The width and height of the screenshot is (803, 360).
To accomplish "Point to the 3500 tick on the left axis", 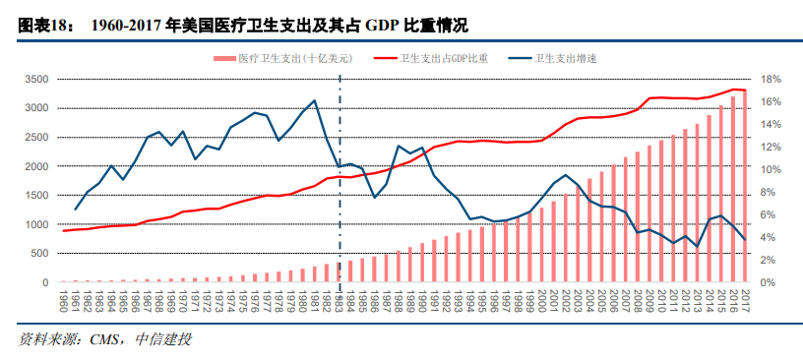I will coord(36,79).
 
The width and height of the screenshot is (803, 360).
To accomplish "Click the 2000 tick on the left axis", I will coord(36,166).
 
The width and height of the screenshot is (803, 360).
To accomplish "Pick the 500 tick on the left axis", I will coord(39,254).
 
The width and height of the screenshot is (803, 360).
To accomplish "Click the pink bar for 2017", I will coord(745,187).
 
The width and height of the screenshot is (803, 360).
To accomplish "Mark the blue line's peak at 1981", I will coord(314,100).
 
